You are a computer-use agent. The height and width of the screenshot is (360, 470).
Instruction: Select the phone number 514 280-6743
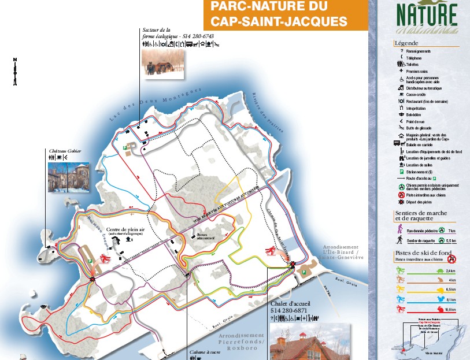point(198,36)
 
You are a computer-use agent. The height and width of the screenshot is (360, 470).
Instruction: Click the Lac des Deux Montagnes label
point(154,104)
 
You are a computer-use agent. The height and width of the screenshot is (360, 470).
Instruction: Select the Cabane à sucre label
point(205,351)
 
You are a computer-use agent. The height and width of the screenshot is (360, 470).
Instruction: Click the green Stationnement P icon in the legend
point(401,171)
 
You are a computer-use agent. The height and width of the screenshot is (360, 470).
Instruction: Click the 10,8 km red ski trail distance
point(452,310)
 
